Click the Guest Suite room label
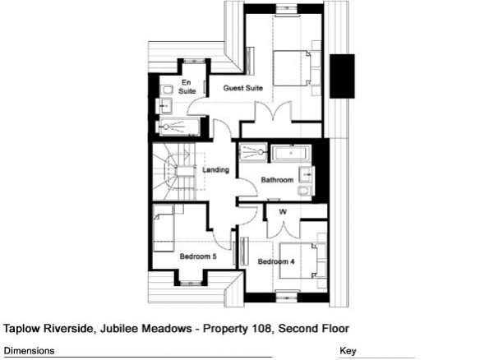click(242, 88)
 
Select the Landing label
click(216, 170)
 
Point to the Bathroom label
click(277, 180)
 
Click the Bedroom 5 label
click(198, 256)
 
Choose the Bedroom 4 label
click(276, 261)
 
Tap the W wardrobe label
click(283, 211)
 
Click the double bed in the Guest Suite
click(292, 68)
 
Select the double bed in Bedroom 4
click(298, 261)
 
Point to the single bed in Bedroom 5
click(164, 228)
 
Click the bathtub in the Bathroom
click(292, 153)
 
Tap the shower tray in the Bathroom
click(253, 152)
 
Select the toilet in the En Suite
click(167, 90)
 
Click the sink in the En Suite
click(165, 106)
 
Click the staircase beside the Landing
click(174, 172)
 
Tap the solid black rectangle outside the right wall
click(342, 76)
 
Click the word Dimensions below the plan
click(29, 350)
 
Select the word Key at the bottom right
click(348, 351)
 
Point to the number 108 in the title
click(261, 329)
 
